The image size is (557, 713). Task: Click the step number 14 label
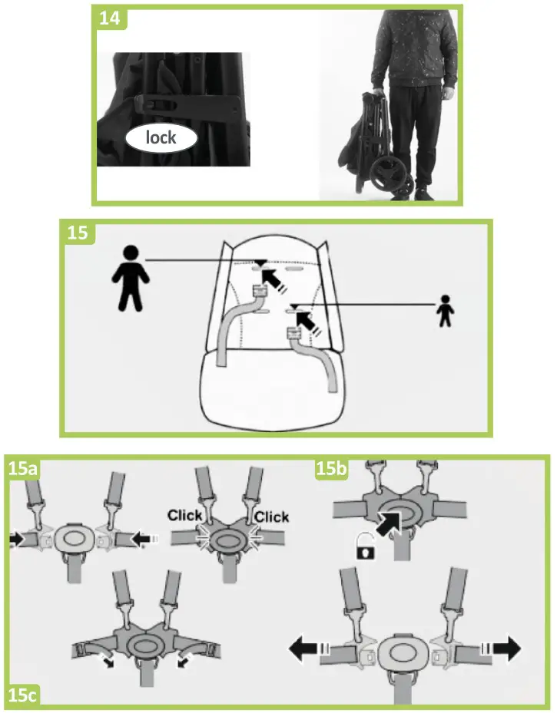coord(111,18)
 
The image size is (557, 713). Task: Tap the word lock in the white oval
coord(161,138)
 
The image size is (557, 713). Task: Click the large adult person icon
coord(131,277)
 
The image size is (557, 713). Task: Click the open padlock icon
coord(364,547)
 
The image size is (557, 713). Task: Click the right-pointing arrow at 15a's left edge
coord(15,540)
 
